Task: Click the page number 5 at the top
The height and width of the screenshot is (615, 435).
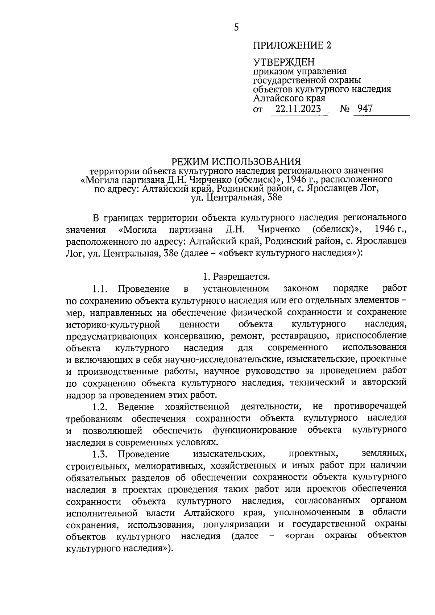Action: (x=236, y=28)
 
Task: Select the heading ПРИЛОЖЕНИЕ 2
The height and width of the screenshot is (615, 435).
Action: (x=292, y=46)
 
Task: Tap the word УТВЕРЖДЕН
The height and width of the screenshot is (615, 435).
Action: (x=284, y=62)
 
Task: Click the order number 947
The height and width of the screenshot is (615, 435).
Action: (x=365, y=108)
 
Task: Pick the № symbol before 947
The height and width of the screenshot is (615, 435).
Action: (x=345, y=109)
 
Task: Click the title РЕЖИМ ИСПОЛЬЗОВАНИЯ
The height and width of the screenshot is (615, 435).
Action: (x=236, y=161)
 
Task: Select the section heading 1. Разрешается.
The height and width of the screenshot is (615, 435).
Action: (x=236, y=277)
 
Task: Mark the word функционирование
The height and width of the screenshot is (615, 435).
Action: (x=255, y=430)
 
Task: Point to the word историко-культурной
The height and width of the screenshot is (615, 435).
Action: (x=113, y=324)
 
